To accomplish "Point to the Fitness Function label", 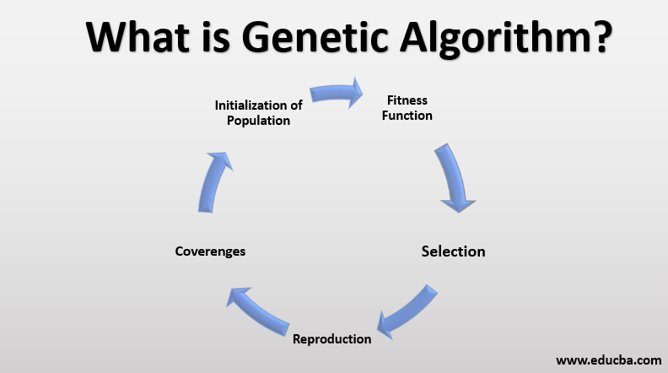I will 407,107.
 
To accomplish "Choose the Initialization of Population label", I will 258,112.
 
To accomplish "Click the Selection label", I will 453,251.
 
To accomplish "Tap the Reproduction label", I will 331,338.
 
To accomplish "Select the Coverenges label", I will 210,251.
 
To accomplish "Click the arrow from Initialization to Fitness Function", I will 334,93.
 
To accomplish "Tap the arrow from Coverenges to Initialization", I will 213,181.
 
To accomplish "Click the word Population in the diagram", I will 258,120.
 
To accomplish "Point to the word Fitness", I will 407,100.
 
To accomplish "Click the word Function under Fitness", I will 407,115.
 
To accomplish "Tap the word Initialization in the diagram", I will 250,105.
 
